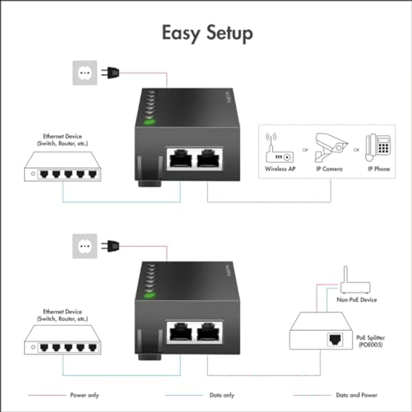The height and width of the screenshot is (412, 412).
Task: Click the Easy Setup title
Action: click(207, 33)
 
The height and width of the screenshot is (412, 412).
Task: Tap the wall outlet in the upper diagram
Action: click(85, 72)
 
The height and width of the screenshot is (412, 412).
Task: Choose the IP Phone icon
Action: click(378, 147)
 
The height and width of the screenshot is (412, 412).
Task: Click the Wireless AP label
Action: click(280, 168)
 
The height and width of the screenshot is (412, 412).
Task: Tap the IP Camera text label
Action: click(329, 168)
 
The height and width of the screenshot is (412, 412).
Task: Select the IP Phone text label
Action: click(378, 168)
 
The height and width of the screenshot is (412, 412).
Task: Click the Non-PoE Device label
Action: click(356, 300)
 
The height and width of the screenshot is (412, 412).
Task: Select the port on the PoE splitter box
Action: click(334, 339)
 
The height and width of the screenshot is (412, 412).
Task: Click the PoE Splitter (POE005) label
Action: click(371, 341)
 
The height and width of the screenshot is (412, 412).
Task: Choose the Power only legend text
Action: click(85, 395)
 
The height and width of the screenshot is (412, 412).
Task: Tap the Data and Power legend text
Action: click(357, 395)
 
